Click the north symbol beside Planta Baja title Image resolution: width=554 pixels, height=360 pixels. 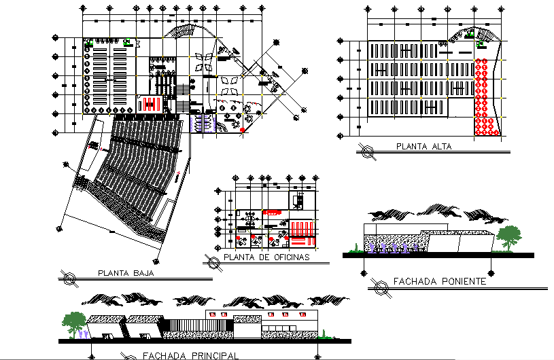69,276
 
